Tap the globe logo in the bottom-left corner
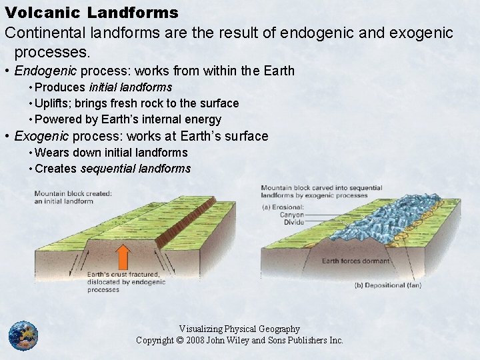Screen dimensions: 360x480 (23, 335)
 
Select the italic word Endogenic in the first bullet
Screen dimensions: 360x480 (41, 71)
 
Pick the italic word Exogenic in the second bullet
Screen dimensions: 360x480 (41, 136)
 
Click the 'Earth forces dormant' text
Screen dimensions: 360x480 (356, 261)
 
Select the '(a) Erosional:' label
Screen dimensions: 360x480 (283, 207)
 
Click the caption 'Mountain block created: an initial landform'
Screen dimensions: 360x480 (73, 197)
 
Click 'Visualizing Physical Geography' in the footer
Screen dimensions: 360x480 (239, 329)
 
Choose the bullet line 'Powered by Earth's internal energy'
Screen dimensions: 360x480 (128, 119)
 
